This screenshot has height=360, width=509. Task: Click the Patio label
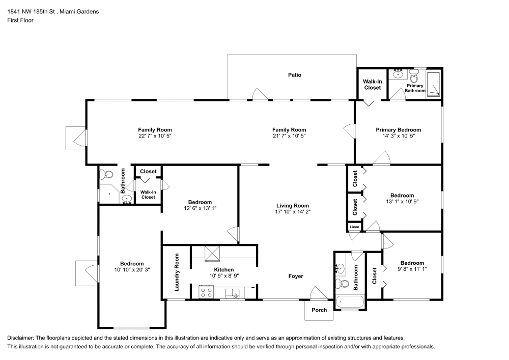click(294, 75)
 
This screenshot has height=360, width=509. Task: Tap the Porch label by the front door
click(319, 310)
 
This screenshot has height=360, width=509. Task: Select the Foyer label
click(296, 276)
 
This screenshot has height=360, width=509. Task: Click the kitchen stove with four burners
click(207, 292)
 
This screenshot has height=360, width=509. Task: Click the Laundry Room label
click(177, 272)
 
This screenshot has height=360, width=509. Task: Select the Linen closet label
click(354, 226)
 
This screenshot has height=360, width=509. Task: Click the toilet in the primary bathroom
click(414, 76)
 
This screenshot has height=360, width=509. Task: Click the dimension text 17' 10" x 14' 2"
click(293, 211)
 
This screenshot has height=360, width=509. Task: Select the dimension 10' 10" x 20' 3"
click(131, 269)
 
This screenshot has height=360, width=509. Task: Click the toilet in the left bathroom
click(107, 174)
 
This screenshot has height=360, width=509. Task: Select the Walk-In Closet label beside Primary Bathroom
click(372, 85)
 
